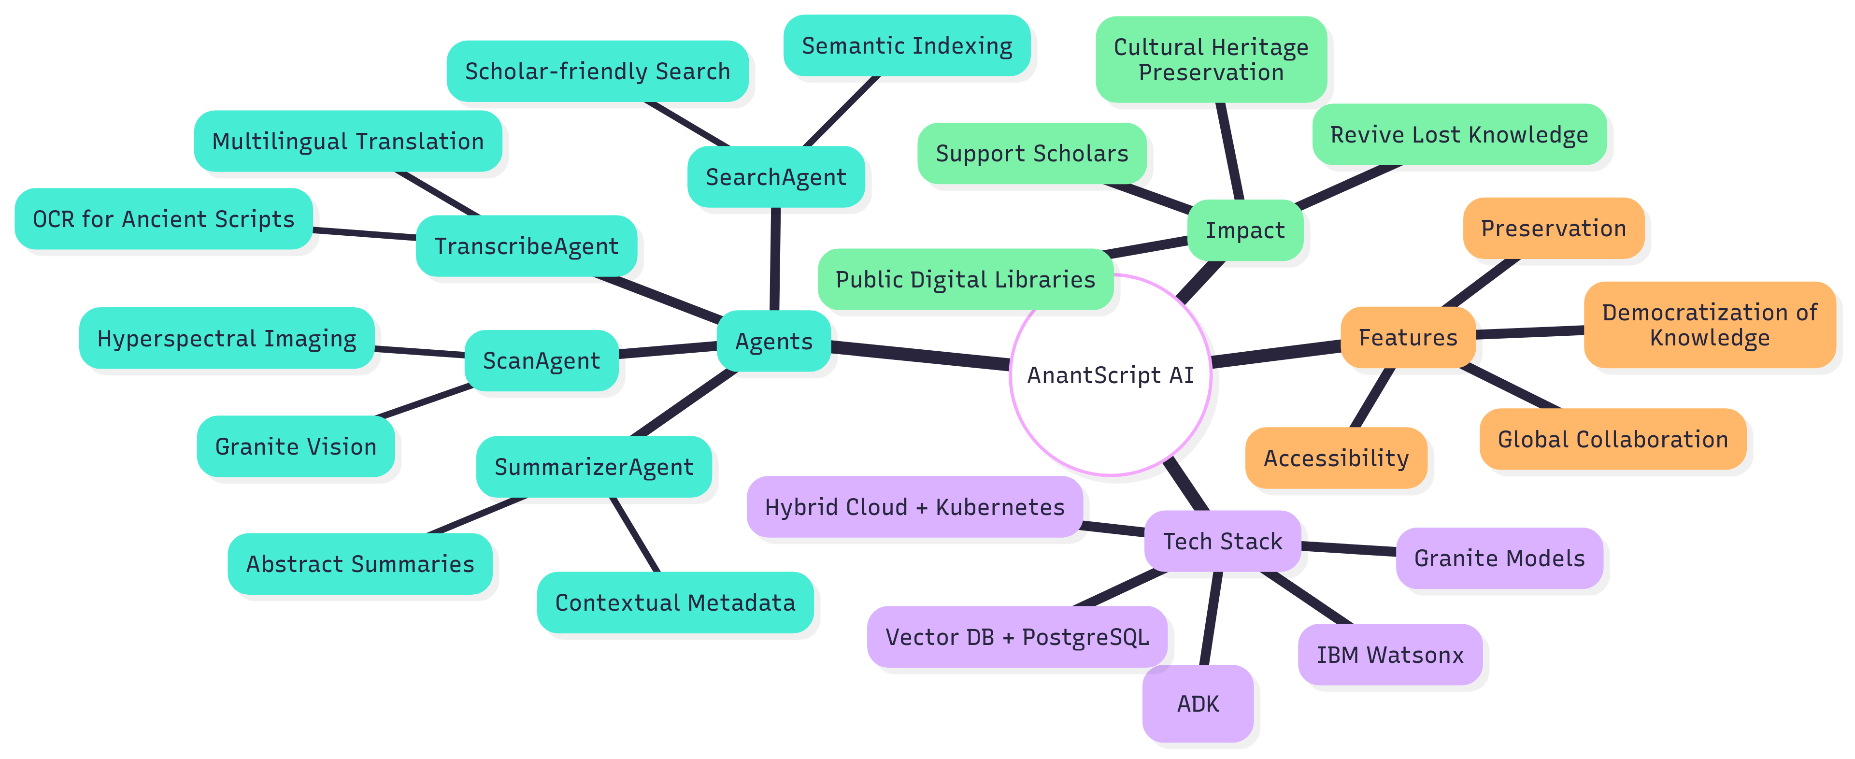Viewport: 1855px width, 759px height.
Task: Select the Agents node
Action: coord(774,342)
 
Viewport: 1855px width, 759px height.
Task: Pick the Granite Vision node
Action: coord(296,446)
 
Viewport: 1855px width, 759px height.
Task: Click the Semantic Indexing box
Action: coord(907,46)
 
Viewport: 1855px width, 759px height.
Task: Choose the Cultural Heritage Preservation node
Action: coord(1211,60)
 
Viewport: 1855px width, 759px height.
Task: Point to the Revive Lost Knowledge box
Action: coord(1459,135)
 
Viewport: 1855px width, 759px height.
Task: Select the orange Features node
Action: coord(1408,338)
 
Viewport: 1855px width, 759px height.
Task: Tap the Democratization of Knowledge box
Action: coord(1709,325)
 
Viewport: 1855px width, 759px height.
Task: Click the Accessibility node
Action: coord(1336,458)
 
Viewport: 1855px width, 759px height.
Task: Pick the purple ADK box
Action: coord(1198,703)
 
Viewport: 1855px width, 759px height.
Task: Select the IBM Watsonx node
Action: coord(1390,655)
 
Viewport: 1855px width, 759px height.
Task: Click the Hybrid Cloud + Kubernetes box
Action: coord(914,507)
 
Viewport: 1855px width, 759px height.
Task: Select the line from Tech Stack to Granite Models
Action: coord(1349,549)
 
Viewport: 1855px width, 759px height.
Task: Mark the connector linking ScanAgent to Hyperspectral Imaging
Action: coord(420,351)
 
